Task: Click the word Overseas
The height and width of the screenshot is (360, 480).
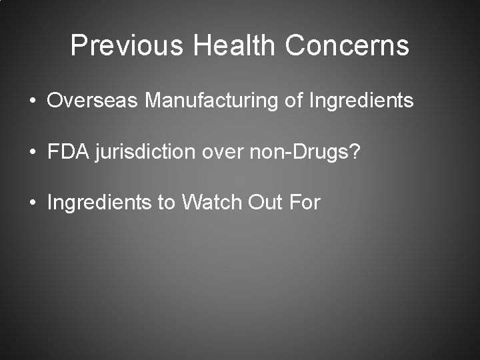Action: tap(93, 101)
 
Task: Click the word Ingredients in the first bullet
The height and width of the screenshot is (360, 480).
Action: tap(362, 101)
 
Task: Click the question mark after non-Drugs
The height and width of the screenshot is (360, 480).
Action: tap(355, 151)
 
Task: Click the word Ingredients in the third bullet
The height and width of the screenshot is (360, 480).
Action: tap(99, 202)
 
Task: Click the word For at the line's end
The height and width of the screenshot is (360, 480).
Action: tap(304, 201)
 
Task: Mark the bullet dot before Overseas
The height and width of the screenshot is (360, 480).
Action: tap(33, 101)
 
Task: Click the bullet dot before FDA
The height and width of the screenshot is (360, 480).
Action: tap(33, 152)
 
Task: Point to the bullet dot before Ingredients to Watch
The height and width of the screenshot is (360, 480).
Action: tap(33, 202)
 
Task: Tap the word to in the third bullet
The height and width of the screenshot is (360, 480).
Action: tap(166, 202)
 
